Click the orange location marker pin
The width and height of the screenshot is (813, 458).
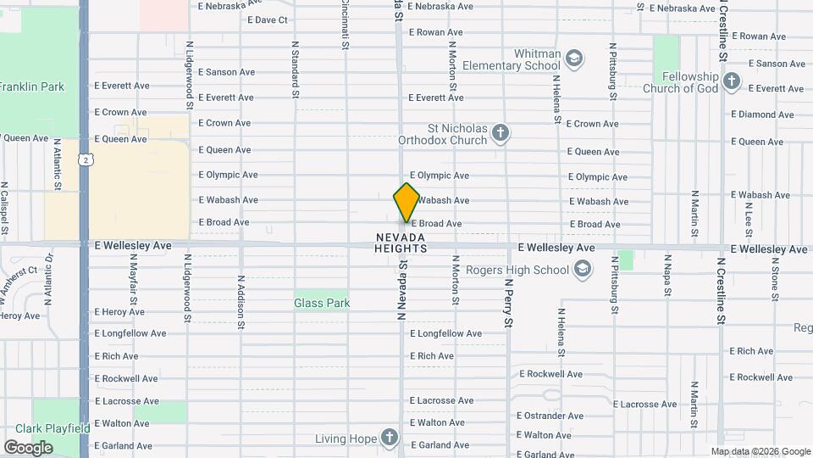(x=407, y=203)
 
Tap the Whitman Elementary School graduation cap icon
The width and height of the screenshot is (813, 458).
(x=574, y=58)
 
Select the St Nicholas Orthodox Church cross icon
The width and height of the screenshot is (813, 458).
(x=501, y=132)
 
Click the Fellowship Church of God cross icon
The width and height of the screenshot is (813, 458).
(x=732, y=81)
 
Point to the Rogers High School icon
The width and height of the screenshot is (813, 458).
(x=582, y=270)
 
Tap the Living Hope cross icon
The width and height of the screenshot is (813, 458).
(x=389, y=438)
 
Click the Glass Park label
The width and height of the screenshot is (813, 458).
(x=322, y=303)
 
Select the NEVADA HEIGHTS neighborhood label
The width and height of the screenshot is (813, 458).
(x=401, y=242)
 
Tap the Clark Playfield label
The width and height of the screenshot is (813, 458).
(x=47, y=428)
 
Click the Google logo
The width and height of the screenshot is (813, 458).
(x=29, y=447)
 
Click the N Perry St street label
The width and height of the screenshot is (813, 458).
(x=509, y=303)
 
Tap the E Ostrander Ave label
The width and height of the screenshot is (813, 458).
(x=551, y=416)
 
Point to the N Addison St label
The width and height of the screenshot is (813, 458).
(x=241, y=301)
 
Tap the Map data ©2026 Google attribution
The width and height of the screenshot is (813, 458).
(x=760, y=451)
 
